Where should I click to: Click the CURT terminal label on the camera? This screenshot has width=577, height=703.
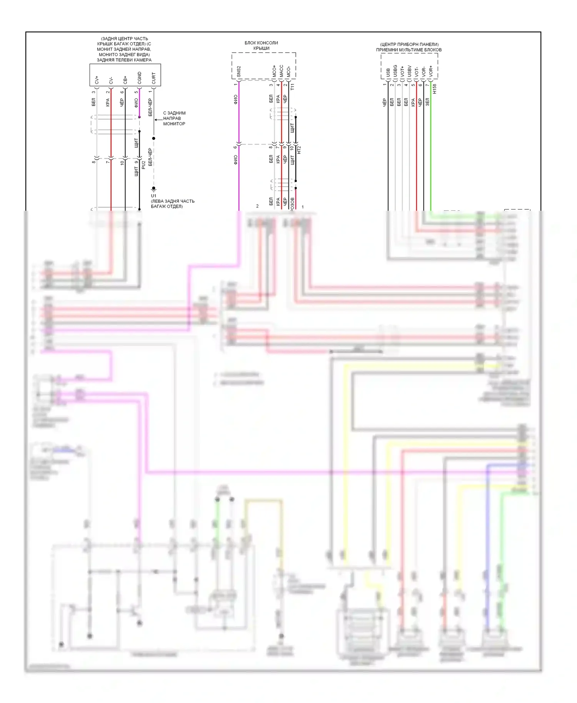pos(153,78)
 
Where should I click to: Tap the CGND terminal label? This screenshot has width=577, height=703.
pos(139,78)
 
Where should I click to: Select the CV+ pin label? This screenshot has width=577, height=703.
pos(97,79)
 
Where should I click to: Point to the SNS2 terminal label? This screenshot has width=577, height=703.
pos(238,72)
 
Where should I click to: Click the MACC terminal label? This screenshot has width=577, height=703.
pos(281,71)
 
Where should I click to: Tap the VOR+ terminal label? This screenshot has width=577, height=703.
pos(430,71)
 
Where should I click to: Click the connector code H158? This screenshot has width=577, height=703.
pos(434,89)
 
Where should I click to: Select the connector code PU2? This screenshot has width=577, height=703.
pos(143,165)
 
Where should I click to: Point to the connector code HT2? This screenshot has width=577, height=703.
pos(299,150)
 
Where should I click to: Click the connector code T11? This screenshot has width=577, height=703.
pos(292,87)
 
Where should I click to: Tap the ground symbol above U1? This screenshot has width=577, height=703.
pos(153,190)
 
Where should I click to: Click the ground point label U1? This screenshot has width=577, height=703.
pos(153,196)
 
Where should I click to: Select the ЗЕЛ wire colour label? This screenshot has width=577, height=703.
pos(427,102)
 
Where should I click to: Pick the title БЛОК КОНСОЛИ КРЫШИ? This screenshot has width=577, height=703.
pos(261,45)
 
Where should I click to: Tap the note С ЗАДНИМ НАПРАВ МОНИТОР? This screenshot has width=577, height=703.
pos(174,118)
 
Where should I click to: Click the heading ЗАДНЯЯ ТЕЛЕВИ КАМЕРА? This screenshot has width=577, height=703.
pos(124,60)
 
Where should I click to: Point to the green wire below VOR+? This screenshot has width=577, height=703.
pos(430,154)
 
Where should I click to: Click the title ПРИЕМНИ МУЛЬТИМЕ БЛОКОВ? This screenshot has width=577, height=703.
pos(409,50)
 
